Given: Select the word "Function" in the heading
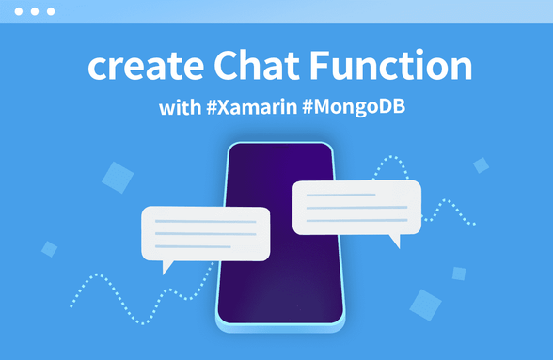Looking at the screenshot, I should [x=396, y=68].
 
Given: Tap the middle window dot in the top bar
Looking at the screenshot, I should [x=35, y=12].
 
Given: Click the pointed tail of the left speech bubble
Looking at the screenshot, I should [x=167, y=266].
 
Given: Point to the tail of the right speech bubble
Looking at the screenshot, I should [x=395, y=241].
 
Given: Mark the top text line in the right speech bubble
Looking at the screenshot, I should [x=341, y=196].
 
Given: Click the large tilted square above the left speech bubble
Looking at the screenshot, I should [x=118, y=177].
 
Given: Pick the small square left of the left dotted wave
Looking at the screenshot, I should [x=50, y=249].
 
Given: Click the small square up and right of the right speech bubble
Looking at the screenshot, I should [x=481, y=165].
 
